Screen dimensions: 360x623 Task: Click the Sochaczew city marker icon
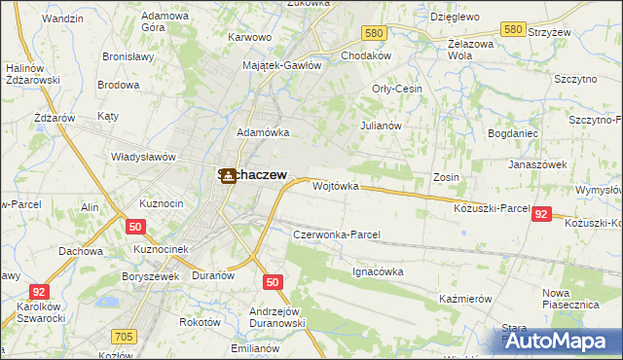click(229, 175)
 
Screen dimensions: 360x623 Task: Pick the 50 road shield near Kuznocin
click(134, 227)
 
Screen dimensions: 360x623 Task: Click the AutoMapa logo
click(558, 341)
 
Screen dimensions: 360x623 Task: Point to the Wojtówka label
click(336, 185)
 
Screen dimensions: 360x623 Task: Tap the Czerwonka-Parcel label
click(336, 234)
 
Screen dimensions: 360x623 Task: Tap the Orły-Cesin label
click(396, 88)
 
